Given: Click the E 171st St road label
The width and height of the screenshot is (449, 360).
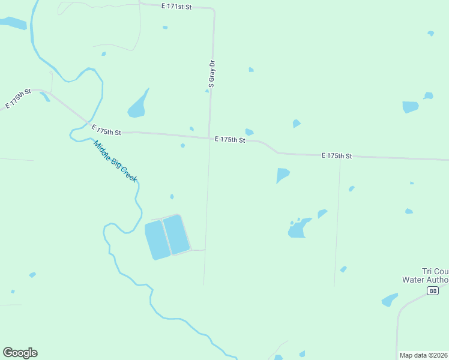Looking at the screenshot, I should [176, 6].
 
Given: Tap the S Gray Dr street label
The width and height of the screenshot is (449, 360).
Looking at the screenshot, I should [211, 74].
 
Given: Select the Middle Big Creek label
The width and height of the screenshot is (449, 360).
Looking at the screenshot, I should [115, 161].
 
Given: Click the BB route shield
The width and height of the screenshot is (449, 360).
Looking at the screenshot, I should [433, 291].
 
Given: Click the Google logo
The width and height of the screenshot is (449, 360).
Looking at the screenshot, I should [20, 353].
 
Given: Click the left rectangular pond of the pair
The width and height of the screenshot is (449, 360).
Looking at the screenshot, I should [157, 240].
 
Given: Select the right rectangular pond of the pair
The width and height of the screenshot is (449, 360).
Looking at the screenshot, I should [176, 234].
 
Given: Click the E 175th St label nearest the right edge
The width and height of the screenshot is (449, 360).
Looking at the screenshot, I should [336, 155].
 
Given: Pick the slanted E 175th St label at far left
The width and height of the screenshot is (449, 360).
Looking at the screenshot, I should [18, 98].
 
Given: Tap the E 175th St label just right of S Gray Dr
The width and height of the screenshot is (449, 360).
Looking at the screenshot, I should [230, 139].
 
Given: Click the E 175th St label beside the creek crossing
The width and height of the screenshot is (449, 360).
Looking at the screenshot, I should [106, 130].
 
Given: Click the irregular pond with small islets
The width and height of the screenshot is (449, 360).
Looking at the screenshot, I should [298, 229].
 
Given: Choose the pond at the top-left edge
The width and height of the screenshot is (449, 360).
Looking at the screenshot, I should [13, 23].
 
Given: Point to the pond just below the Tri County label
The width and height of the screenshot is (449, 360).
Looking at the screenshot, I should [390, 299].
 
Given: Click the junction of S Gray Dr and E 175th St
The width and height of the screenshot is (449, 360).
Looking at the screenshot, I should [209, 137].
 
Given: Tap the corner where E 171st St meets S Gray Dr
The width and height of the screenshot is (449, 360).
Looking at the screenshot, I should [214, 10].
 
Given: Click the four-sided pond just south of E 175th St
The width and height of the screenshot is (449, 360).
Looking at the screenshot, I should [282, 175].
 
